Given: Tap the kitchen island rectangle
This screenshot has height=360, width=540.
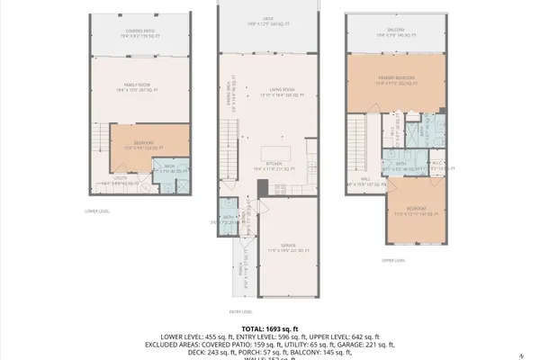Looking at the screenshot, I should (277, 150).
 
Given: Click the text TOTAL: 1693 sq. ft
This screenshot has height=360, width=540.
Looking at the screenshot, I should (269, 329).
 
